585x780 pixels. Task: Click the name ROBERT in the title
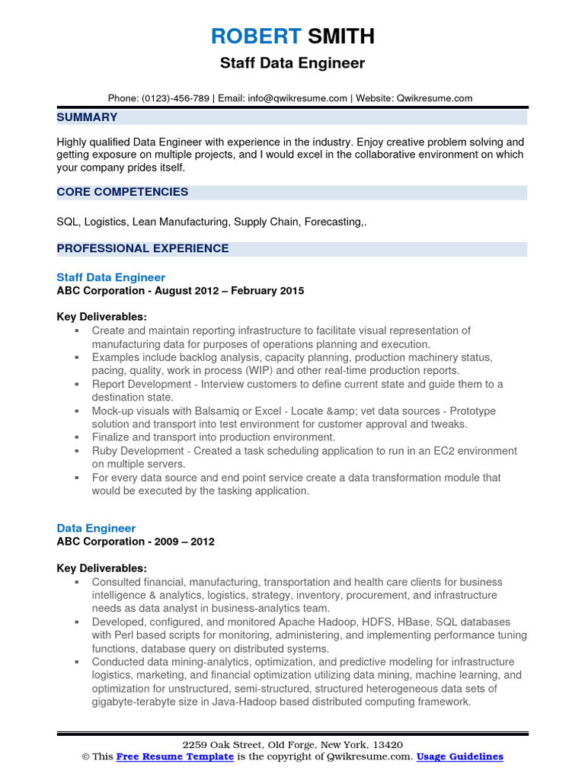coord(255,36)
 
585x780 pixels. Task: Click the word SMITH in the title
coord(340,36)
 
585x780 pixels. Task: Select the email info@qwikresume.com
coord(298,98)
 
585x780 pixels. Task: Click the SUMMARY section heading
coord(87,117)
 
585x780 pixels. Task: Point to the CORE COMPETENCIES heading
coord(122,192)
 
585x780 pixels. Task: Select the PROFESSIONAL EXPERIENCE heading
coord(142,248)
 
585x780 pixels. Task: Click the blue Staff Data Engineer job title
coord(110,277)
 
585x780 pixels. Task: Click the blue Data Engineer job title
coord(96,528)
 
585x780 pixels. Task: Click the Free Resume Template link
coord(174,756)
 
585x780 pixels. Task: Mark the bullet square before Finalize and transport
coord(77,437)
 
